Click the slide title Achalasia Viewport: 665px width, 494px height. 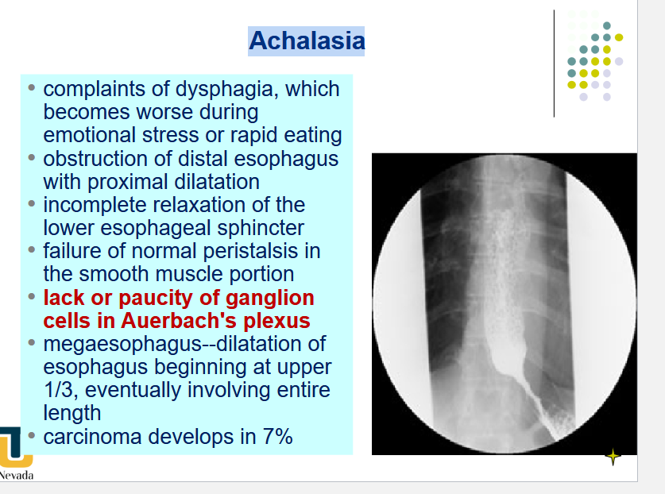coord(307,41)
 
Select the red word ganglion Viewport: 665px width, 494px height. coord(270,298)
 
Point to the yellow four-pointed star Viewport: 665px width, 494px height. coord(613,457)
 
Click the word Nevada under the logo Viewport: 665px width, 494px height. coord(16,475)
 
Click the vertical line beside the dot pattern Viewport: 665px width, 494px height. coord(555,64)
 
